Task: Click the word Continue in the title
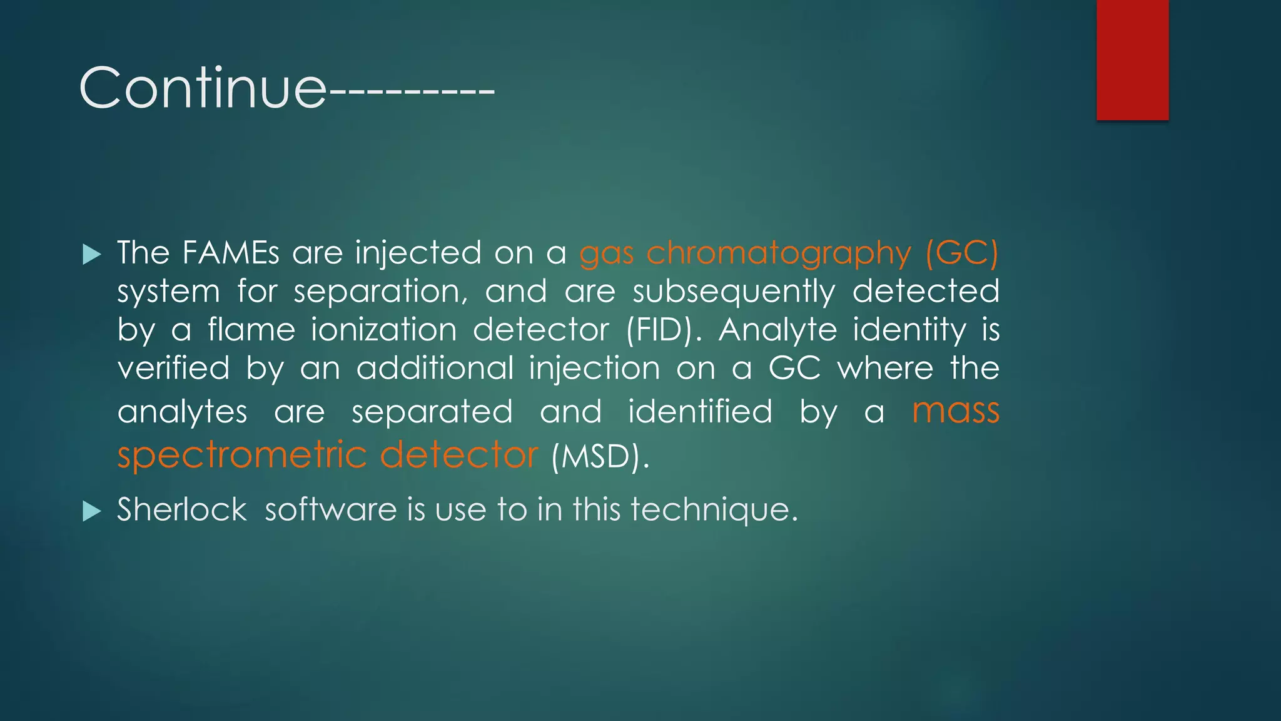pyautogui.click(x=203, y=88)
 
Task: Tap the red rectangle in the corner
pyautogui.click(x=1132, y=59)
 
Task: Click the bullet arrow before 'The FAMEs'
pyautogui.click(x=91, y=254)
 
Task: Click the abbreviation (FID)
pyautogui.click(x=664, y=330)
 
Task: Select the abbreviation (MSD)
pyautogui.click(x=599, y=456)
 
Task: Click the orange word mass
pyautogui.click(x=956, y=411)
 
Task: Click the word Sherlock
pyautogui.click(x=182, y=509)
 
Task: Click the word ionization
pyautogui.click(x=384, y=330)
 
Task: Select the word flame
pyautogui.click(x=251, y=330)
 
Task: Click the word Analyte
pyautogui.click(x=777, y=330)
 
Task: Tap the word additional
pyautogui.click(x=435, y=368)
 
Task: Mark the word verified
pyautogui.click(x=174, y=368)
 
